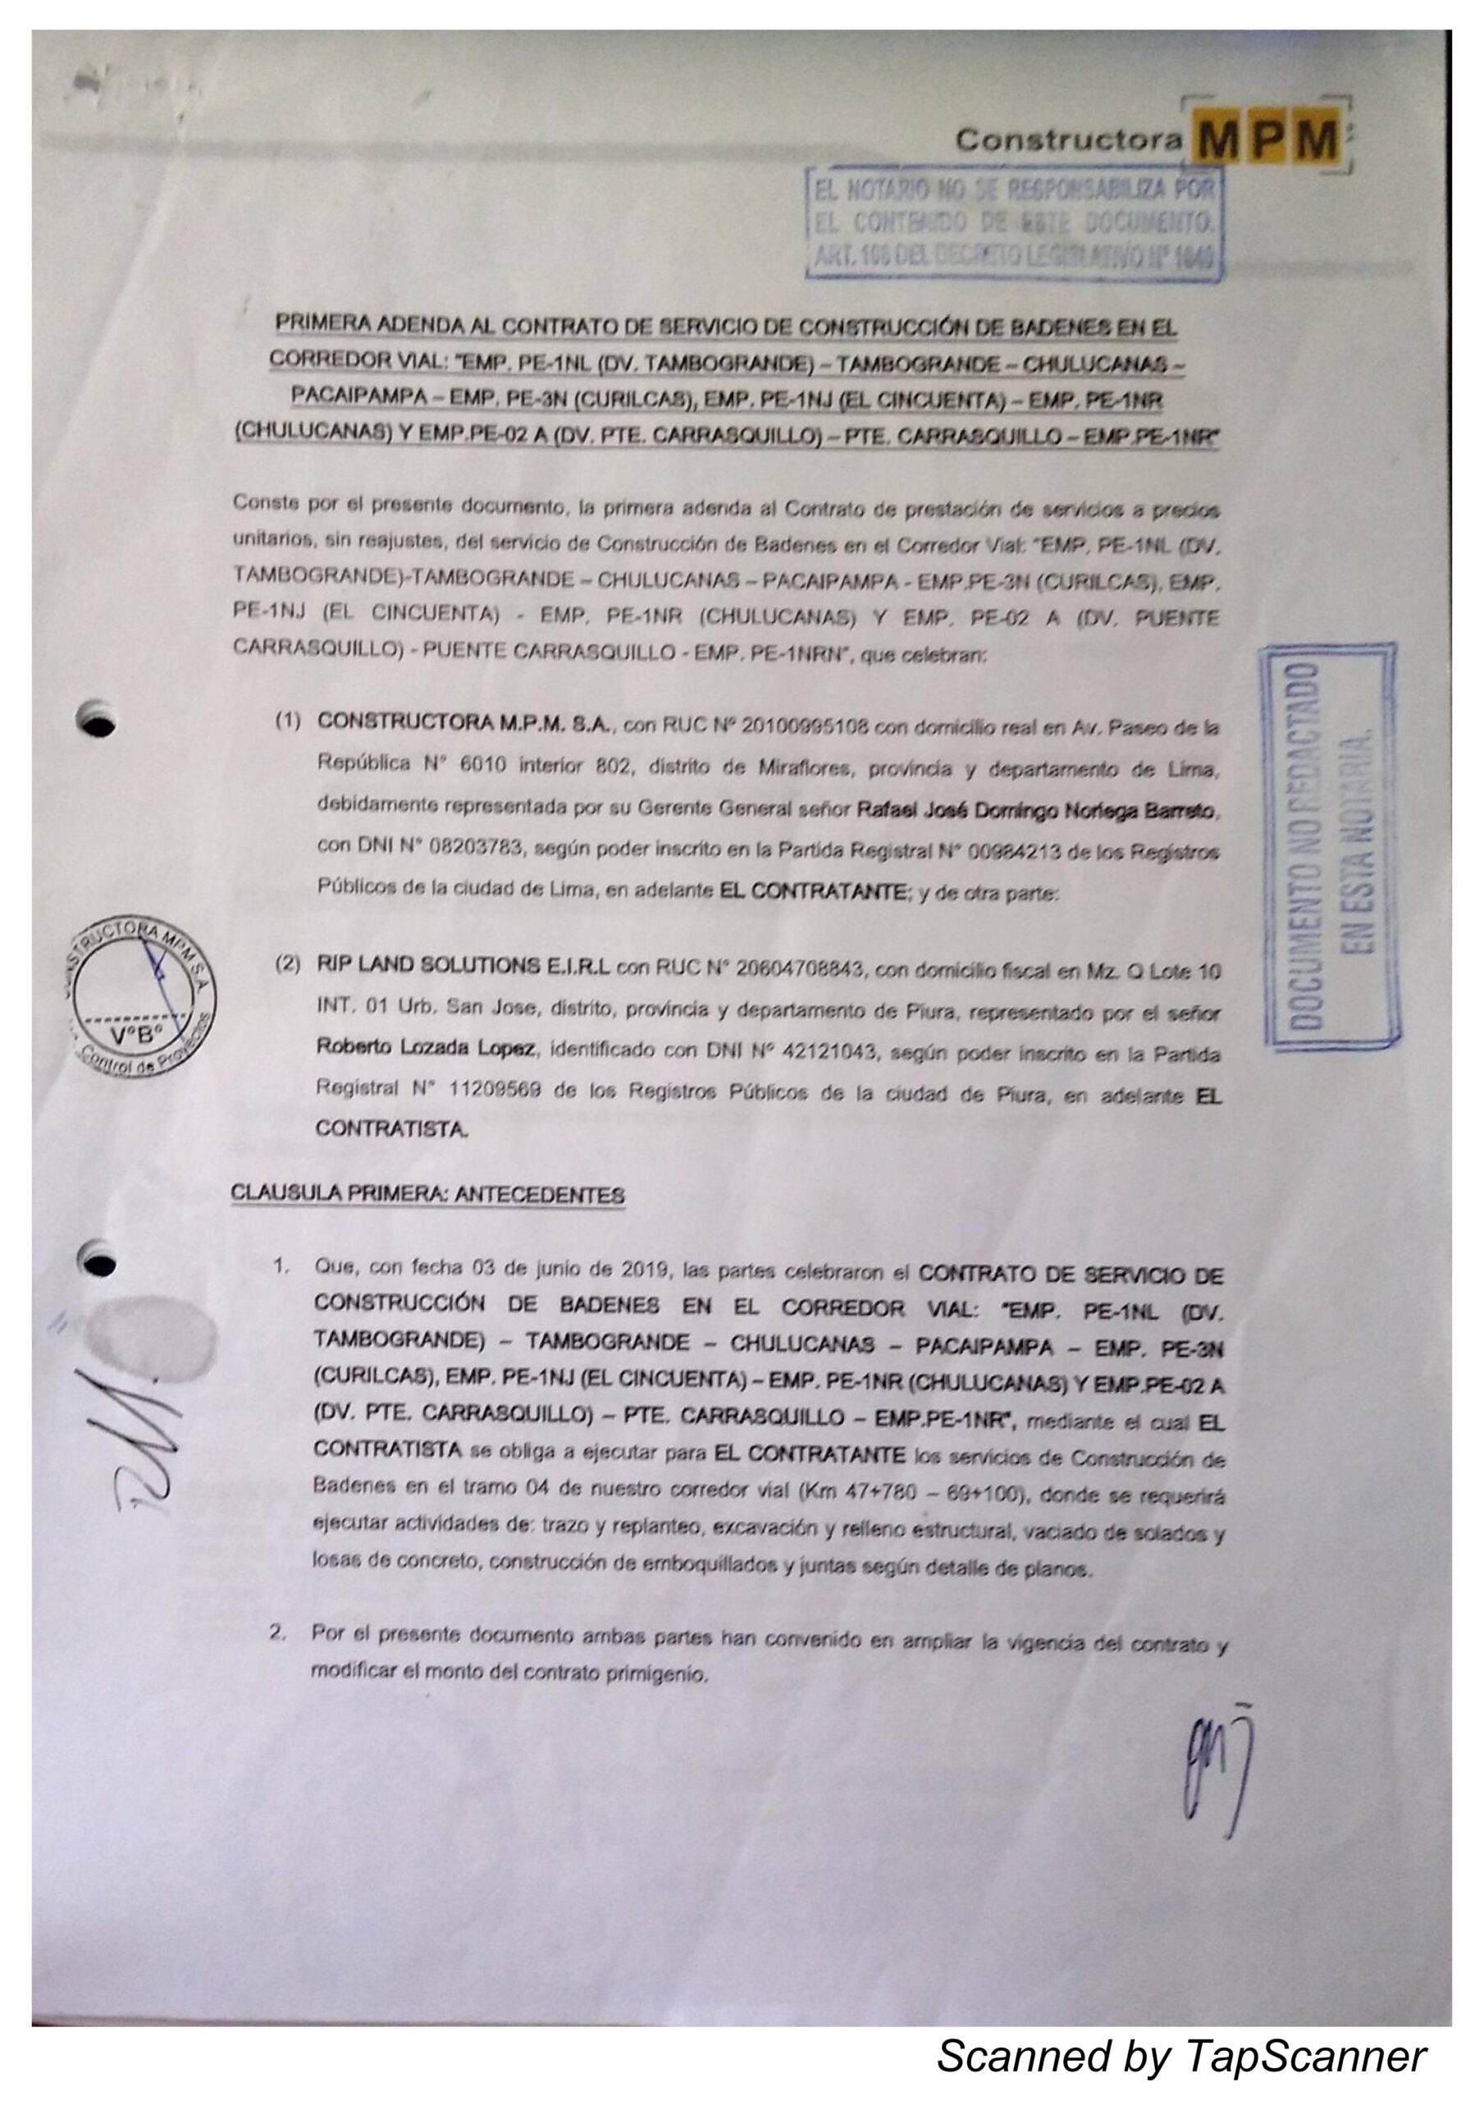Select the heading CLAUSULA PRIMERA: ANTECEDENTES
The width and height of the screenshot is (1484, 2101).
click(427, 1194)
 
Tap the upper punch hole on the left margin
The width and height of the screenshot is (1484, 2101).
click(98, 717)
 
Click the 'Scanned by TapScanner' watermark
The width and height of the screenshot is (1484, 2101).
click(1181, 2053)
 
